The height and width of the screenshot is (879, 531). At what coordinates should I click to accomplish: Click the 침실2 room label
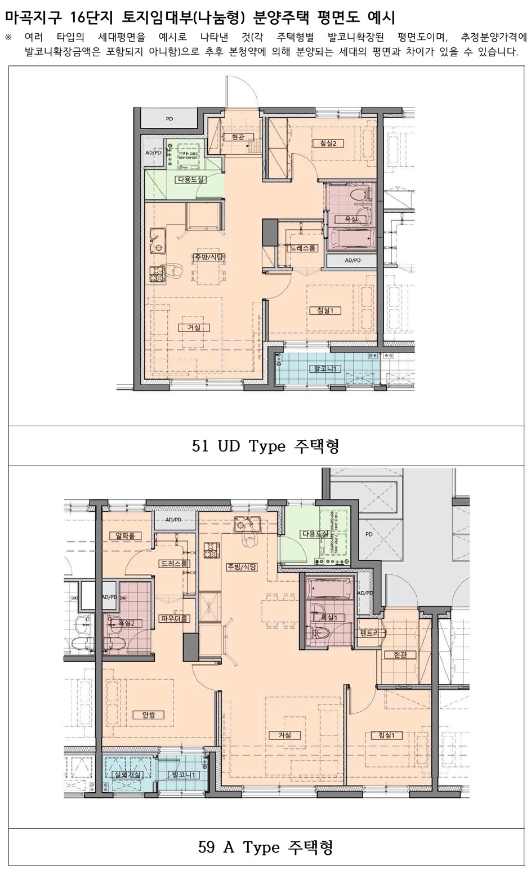click(x=328, y=143)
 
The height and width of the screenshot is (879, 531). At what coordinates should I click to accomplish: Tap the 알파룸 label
click(x=125, y=536)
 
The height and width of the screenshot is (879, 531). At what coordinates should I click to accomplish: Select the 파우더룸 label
click(x=175, y=618)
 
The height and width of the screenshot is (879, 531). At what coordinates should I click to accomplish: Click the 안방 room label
click(x=149, y=715)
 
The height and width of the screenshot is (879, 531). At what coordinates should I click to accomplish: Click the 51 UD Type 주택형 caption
click(x=266, y=446)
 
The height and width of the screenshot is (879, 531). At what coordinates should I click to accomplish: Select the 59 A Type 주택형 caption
click(x=266, y=847)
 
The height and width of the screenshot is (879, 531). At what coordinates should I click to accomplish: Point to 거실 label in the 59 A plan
click(x=284, y=735)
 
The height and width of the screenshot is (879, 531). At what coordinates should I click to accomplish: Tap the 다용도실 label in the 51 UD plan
click(x=190, y=180)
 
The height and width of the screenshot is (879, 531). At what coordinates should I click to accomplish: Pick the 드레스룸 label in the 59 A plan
click(x=174, y=563)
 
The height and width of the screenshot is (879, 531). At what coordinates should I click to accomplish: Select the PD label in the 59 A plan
click(x=369, y=534)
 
